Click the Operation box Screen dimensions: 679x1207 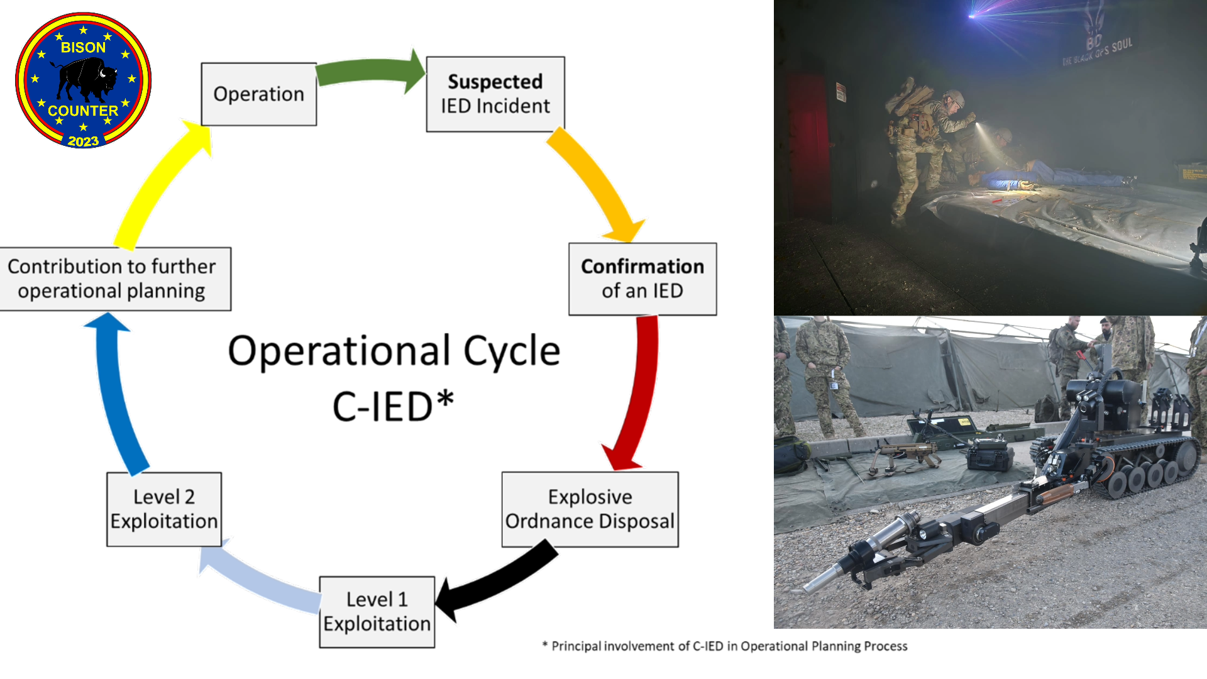tap(258, 94)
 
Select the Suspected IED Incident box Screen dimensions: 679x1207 tap(495, 94)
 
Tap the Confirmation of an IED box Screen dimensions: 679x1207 tap(642, 279)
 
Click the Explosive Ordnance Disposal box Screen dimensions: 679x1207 tap(590, 509)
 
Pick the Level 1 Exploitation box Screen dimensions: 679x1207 tap(377, 612)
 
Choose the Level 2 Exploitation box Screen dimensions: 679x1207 tap(164, 509)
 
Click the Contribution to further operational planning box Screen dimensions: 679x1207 tap(113, 279)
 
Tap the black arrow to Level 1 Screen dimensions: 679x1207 tap(497, 582)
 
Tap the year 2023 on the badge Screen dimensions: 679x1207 tap(83, 141)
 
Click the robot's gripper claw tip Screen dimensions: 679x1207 tap(811, 588)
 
